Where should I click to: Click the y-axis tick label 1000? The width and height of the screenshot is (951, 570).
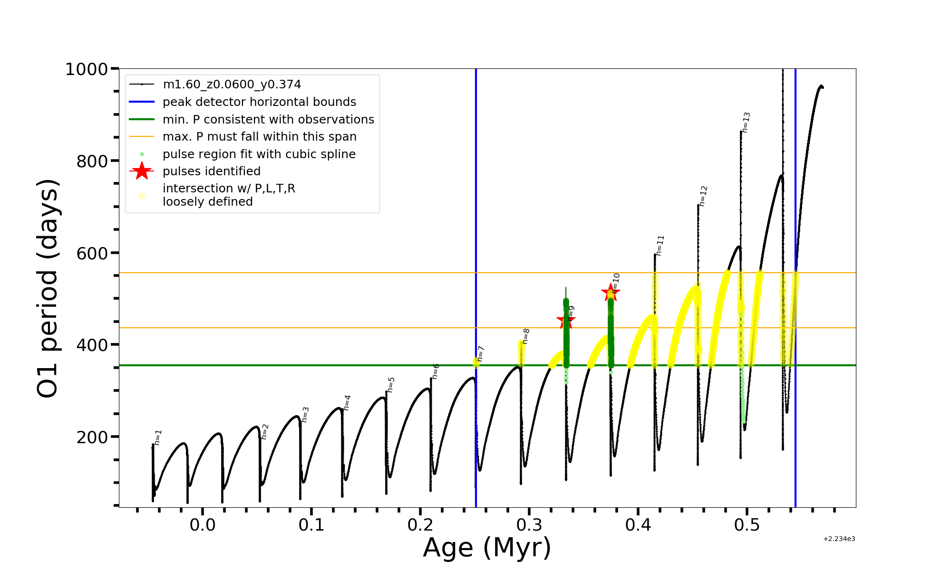87,70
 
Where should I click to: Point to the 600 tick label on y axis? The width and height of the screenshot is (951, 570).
92,253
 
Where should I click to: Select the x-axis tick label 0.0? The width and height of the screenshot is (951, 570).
203,525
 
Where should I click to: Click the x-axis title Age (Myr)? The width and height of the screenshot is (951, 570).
487,548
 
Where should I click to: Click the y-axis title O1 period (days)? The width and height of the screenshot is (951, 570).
48,288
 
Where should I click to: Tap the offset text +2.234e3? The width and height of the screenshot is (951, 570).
839,539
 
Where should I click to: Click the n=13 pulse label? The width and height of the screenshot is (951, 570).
746,122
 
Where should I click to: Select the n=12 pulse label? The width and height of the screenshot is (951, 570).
703,196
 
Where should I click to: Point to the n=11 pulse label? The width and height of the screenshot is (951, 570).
660,245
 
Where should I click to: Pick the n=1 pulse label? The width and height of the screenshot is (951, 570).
158,437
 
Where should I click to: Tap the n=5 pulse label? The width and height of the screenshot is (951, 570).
391,384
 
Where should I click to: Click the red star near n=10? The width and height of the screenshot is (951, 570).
610,293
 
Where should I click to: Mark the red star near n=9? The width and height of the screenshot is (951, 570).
565,321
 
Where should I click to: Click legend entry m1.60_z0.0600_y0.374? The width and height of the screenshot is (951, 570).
232,85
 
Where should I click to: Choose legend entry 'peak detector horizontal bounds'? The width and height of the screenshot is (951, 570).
259,102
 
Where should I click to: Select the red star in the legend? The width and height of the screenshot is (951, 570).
142,171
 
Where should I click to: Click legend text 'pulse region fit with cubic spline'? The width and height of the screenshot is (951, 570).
259,154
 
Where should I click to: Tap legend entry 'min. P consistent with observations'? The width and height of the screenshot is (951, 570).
268,120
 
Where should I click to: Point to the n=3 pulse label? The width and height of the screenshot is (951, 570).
305,414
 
